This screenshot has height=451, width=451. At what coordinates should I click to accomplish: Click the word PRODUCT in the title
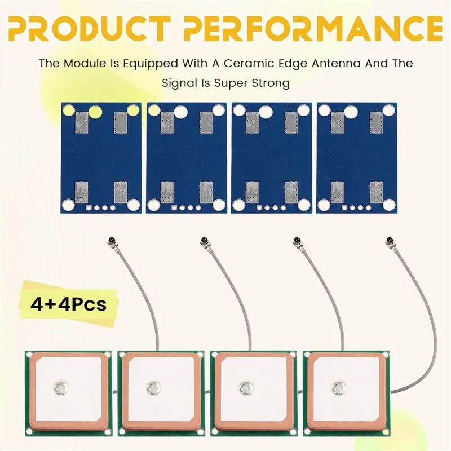89,29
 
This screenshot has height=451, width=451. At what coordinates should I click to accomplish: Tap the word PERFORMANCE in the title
313,29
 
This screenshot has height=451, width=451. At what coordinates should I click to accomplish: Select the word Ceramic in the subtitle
249,63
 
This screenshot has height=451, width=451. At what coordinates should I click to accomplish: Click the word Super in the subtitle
232,83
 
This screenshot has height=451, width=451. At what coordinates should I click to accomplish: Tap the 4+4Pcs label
68,304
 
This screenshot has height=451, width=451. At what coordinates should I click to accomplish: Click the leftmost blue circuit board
101,158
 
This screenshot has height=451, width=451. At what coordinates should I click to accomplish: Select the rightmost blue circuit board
356,158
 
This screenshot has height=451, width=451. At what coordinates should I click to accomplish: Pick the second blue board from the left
186,158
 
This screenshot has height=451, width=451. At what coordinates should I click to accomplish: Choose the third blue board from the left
271,158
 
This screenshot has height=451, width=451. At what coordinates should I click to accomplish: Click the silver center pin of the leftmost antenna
61,388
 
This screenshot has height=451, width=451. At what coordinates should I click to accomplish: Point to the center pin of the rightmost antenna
339,388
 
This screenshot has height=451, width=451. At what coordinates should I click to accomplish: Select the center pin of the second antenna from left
153,388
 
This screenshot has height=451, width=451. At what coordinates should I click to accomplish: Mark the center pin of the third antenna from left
246,388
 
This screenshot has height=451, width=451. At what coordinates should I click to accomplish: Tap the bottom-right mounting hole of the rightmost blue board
388,204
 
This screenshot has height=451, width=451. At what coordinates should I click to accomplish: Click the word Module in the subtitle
85,63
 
